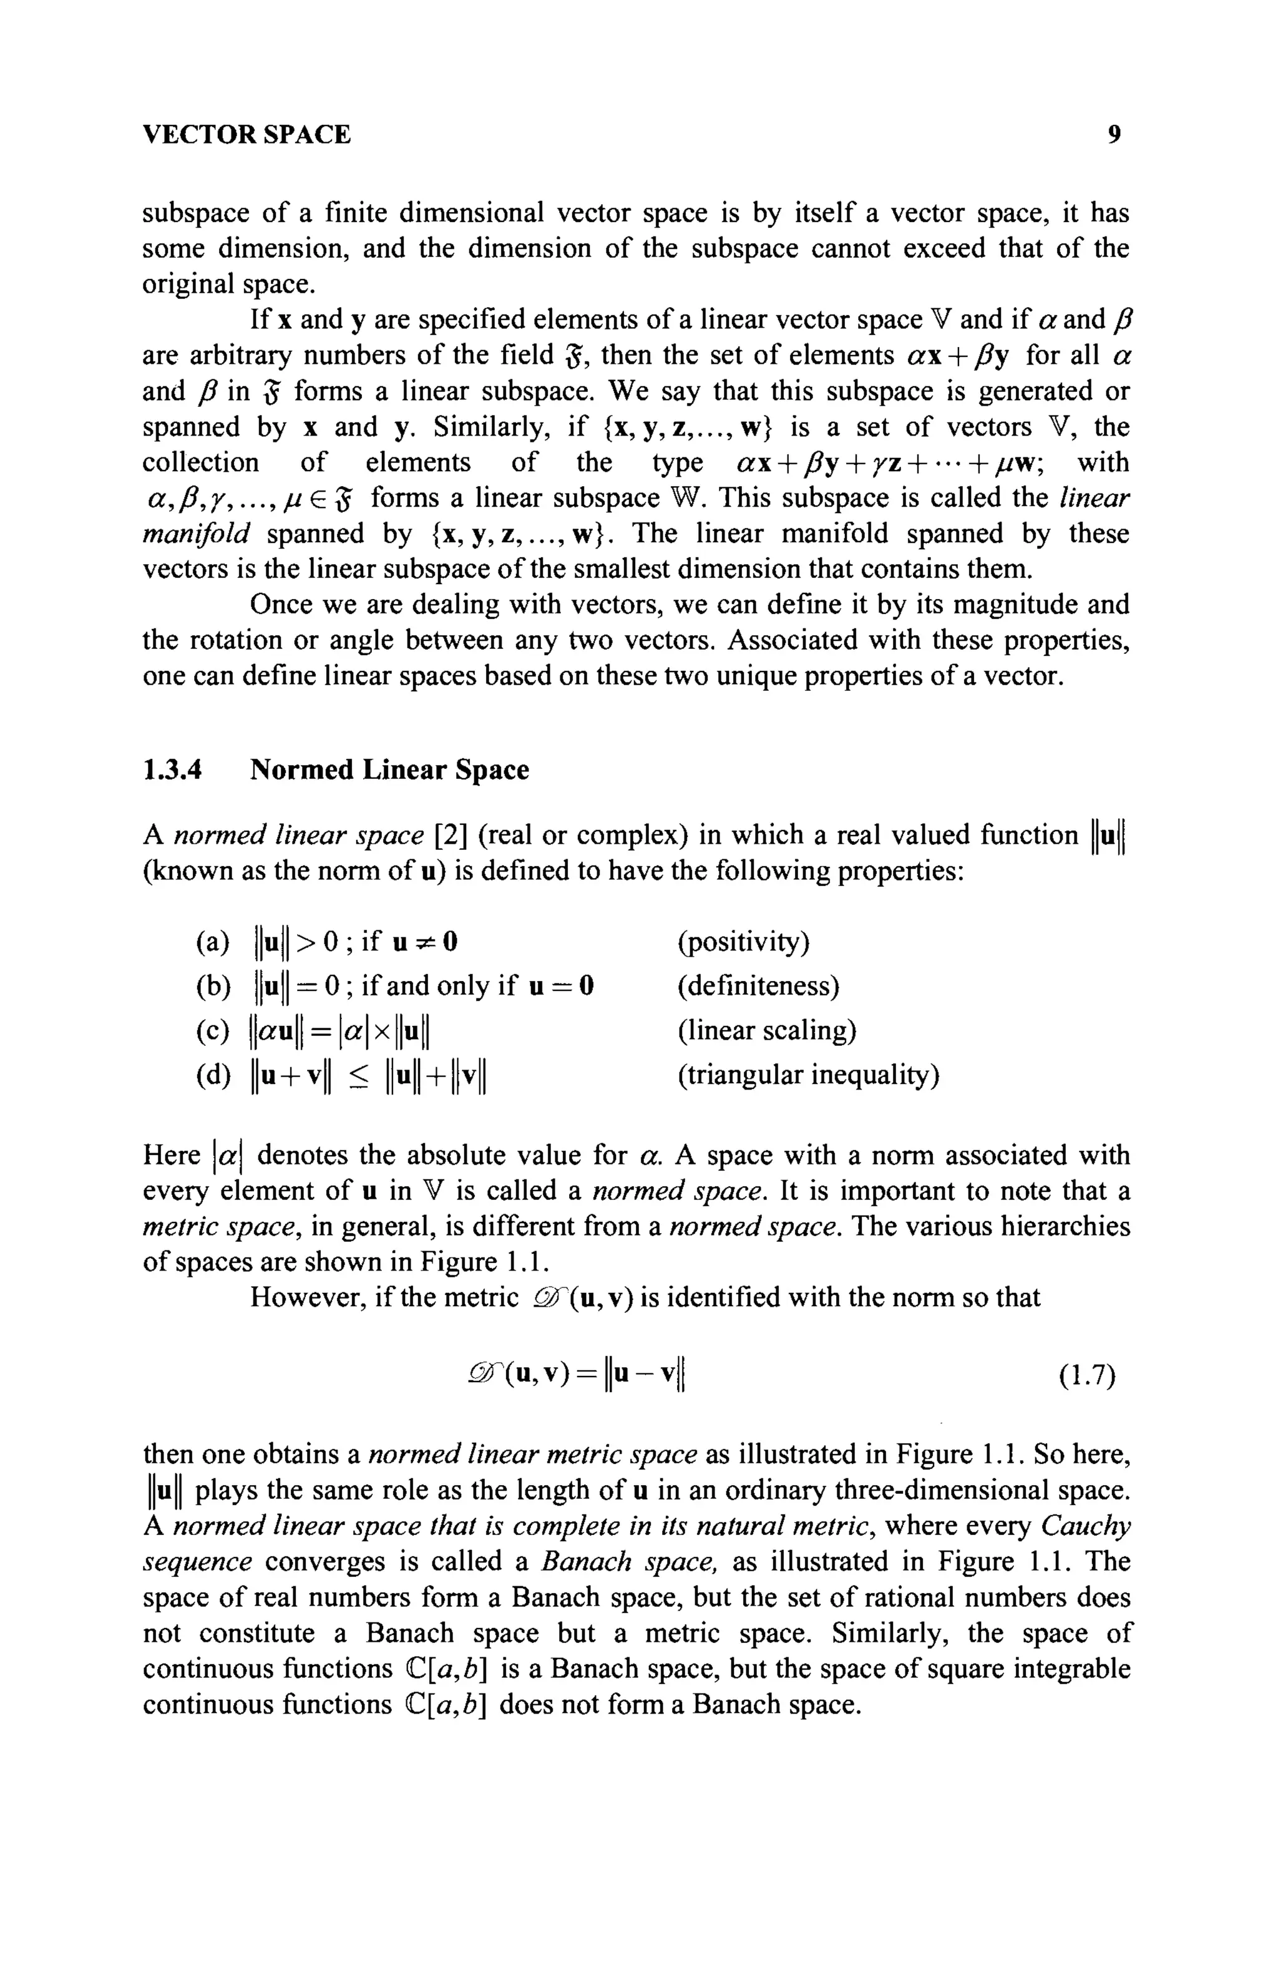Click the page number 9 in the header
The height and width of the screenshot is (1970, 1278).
click(x=1114, y=134)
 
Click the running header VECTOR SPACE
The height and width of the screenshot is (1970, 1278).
click(x=246, y=134)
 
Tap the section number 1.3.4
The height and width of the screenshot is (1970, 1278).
click(x=172, y=770)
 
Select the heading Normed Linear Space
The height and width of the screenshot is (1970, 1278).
click(x=389, y=770)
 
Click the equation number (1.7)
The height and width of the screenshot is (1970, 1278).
click(x=1087, y=1376)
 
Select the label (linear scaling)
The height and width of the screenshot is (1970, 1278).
click(x=766, y=1030)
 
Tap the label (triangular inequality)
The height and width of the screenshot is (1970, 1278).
click(x=808, y=1075)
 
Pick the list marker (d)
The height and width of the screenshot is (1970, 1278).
click(x=213, y=1075)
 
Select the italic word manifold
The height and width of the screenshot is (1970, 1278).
click(x=195, y=534)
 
